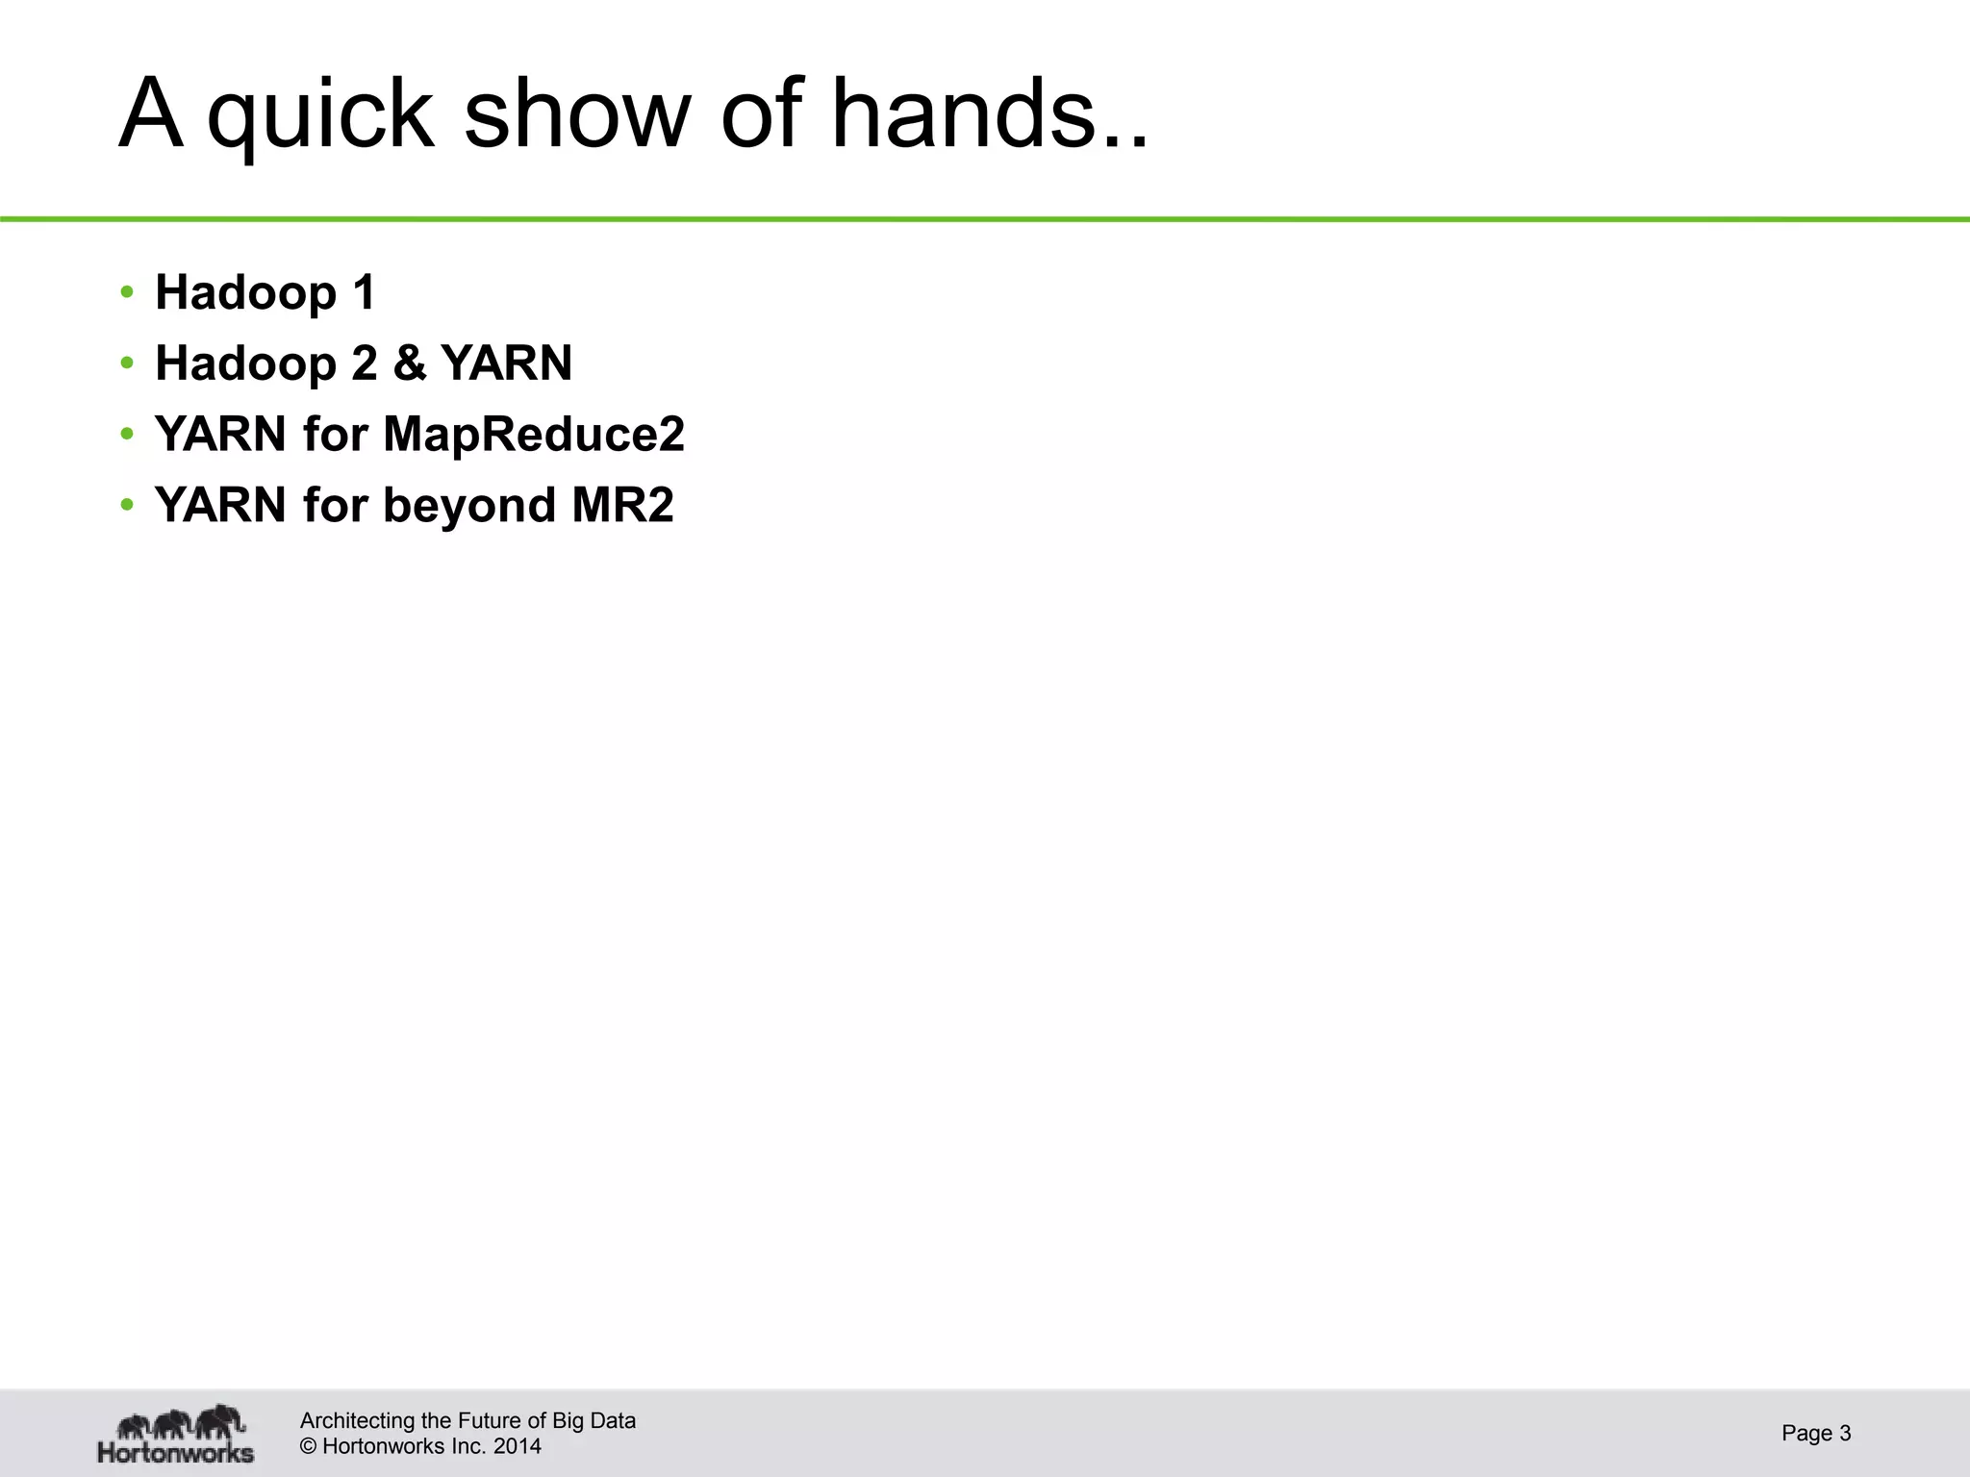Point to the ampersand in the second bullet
(409, 363)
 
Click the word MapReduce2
(534, 435)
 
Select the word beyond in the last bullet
(469, 506)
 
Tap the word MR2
(623, 505)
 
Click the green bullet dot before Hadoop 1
(127, 292)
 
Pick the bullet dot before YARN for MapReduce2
(127, 435)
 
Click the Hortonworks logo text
(176, 1451)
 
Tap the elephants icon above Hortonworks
(180, 1421)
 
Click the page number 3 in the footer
(1845, 1434)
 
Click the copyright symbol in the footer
(309, 1446)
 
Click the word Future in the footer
(491, 1421)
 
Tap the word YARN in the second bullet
(506, 363)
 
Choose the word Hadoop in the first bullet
(245, 292)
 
